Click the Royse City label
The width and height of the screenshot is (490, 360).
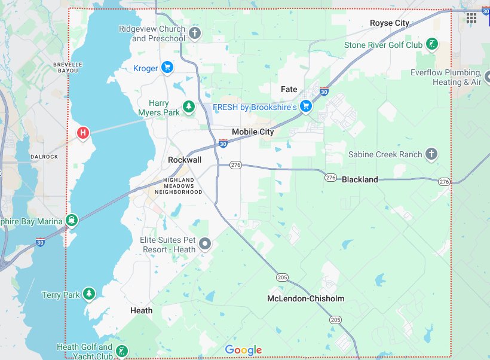pos(390,23)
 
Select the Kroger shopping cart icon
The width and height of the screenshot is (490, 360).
pos(167,68)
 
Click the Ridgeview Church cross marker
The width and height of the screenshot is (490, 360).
pos(195,33)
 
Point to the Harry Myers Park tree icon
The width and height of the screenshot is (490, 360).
pos(189,107)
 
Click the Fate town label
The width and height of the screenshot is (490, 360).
pos(289,89)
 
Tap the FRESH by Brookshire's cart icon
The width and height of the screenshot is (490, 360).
pos(306,106)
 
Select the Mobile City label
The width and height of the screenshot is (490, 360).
pos(253,132)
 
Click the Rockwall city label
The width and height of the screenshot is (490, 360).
pos(185,160)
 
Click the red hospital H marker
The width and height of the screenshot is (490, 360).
pos(83,132)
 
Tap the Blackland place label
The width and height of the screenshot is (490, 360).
pos(360,179)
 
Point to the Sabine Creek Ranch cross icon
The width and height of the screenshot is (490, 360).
pos(431,154)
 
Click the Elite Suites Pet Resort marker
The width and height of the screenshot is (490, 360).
pos(205,243)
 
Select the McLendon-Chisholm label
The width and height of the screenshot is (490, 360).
pos(305,298)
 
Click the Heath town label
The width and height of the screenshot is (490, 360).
pos(141,310)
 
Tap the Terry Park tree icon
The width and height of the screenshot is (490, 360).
pos(88,294)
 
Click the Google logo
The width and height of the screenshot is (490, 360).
pos(243,350)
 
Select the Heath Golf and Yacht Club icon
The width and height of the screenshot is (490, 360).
pos(121,351)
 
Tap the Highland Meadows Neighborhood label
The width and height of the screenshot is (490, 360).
pos(179,186)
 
